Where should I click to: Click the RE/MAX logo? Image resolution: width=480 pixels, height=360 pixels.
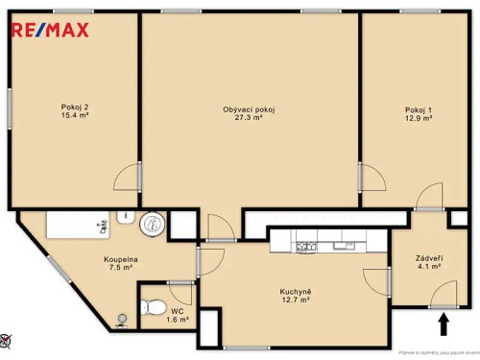tap(49, 29)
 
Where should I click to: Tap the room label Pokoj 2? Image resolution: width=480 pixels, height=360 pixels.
tap(73, 107)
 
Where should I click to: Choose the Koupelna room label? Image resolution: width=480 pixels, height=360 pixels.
tap(121, 259)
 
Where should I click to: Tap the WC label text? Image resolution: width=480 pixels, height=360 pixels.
tap(177, 311)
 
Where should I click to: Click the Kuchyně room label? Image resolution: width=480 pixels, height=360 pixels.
tap(295, 291)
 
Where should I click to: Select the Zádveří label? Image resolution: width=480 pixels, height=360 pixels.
tap(428, 258)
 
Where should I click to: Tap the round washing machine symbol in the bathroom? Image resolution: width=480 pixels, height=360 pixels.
tap(153, 225)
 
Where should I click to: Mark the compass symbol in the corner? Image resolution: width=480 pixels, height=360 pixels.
tap(7, 338)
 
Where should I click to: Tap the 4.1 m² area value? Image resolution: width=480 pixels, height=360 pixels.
tap(428, 268)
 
